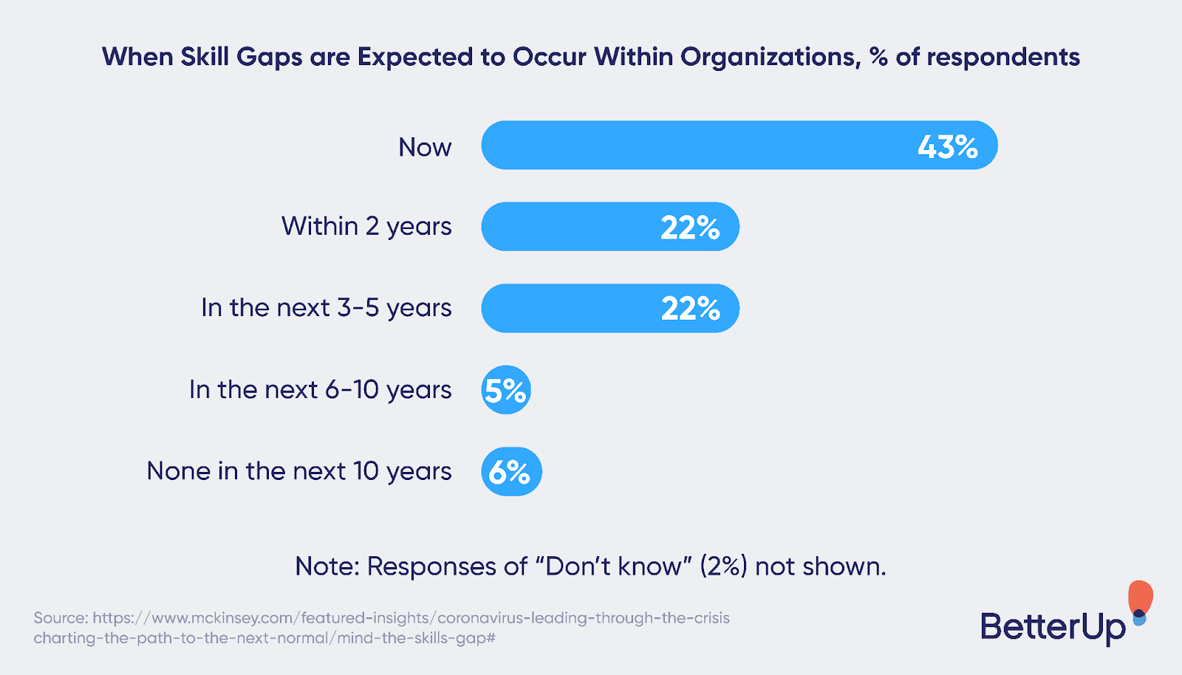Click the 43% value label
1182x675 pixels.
click(948, 147)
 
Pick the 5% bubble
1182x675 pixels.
click(506, 390)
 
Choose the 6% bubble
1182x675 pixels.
click(511, 472)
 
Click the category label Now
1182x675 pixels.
click(425, 148)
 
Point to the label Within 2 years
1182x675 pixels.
click(366, 227)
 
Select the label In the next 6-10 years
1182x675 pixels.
click(320, 390)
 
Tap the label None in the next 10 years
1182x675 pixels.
click(299, 471)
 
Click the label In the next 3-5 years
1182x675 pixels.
click(326, 308)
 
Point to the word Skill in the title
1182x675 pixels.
click(205, 57)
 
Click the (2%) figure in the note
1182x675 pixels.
click(723, 566)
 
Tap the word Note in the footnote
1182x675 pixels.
click(326, 566)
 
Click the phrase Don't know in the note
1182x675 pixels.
click(613, 566)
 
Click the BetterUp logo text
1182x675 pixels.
click(1053, 627)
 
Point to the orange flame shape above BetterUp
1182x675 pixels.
click(1141, 597)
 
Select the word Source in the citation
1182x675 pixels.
click(61, 618)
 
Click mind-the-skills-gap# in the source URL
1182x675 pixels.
click(416, 638)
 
